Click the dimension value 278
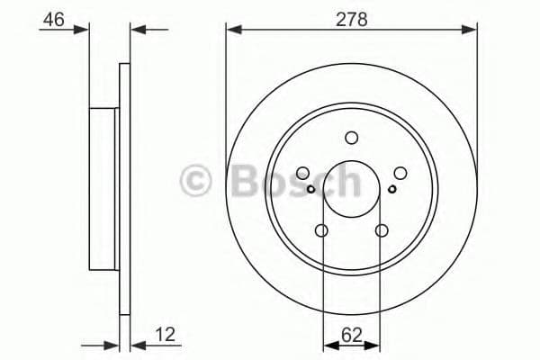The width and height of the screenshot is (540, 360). [351, 18]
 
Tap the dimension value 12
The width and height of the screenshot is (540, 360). [165, 336]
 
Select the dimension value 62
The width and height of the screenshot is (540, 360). [351, 336]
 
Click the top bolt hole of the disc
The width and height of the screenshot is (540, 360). [351, 138]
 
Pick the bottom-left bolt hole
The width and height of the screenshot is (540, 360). [322, 232]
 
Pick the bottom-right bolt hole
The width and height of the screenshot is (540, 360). [381, 232]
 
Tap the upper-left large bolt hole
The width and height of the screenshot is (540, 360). [303, 174]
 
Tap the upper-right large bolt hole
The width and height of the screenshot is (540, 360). [399, 174]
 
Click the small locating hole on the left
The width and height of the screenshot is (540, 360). [311, 189]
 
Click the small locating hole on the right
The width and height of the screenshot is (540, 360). [391, 189]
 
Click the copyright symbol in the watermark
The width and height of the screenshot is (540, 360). [198, 181]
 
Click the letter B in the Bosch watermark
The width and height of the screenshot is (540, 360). [246, 181]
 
